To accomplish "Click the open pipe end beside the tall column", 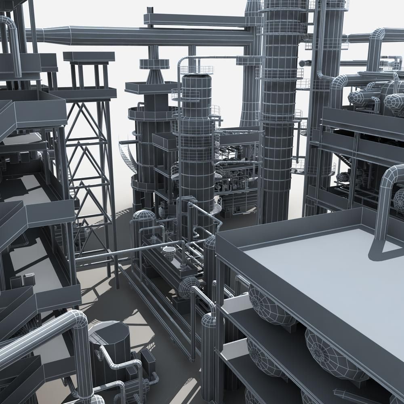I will [302, 63].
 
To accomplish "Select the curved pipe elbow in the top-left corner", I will [10, 24].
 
